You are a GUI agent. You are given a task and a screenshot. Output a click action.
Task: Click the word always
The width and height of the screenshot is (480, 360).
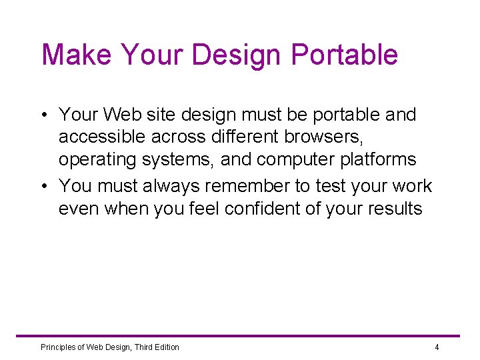171,186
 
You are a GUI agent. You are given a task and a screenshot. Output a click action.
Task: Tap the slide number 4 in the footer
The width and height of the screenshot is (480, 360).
437,347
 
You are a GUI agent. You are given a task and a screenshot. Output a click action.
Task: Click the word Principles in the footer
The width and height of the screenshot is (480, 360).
59,347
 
